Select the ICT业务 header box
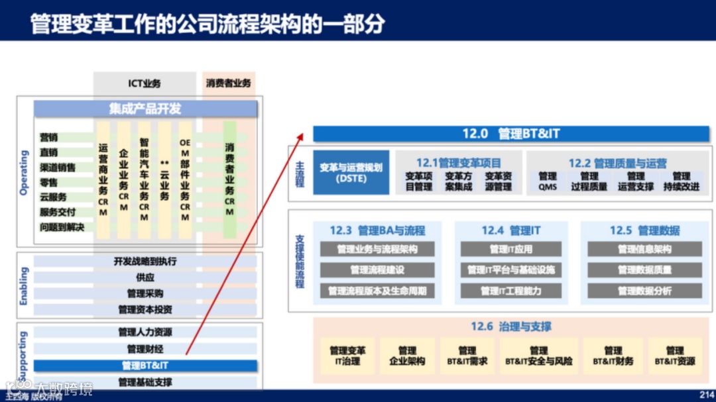(x=145, y=83)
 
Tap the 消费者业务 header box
(x=228, y=83)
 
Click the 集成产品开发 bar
(x=145, y=109)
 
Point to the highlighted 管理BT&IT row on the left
(x=145, y=365)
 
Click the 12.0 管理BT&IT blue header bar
(x=510, y=134)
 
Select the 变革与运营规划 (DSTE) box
(x=351, y=172)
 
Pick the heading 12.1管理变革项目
(x=459, y=163)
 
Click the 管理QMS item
(x=548, y=181)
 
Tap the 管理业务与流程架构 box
(x=377, y=249)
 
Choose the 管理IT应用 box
(x=510, y=249)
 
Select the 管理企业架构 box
(x=407, y=356)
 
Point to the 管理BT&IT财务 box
(x=613, y=356)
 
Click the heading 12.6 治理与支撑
(x=510, y=327)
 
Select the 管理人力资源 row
(x=145, y=332)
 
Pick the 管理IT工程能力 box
(x=510, y=291)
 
